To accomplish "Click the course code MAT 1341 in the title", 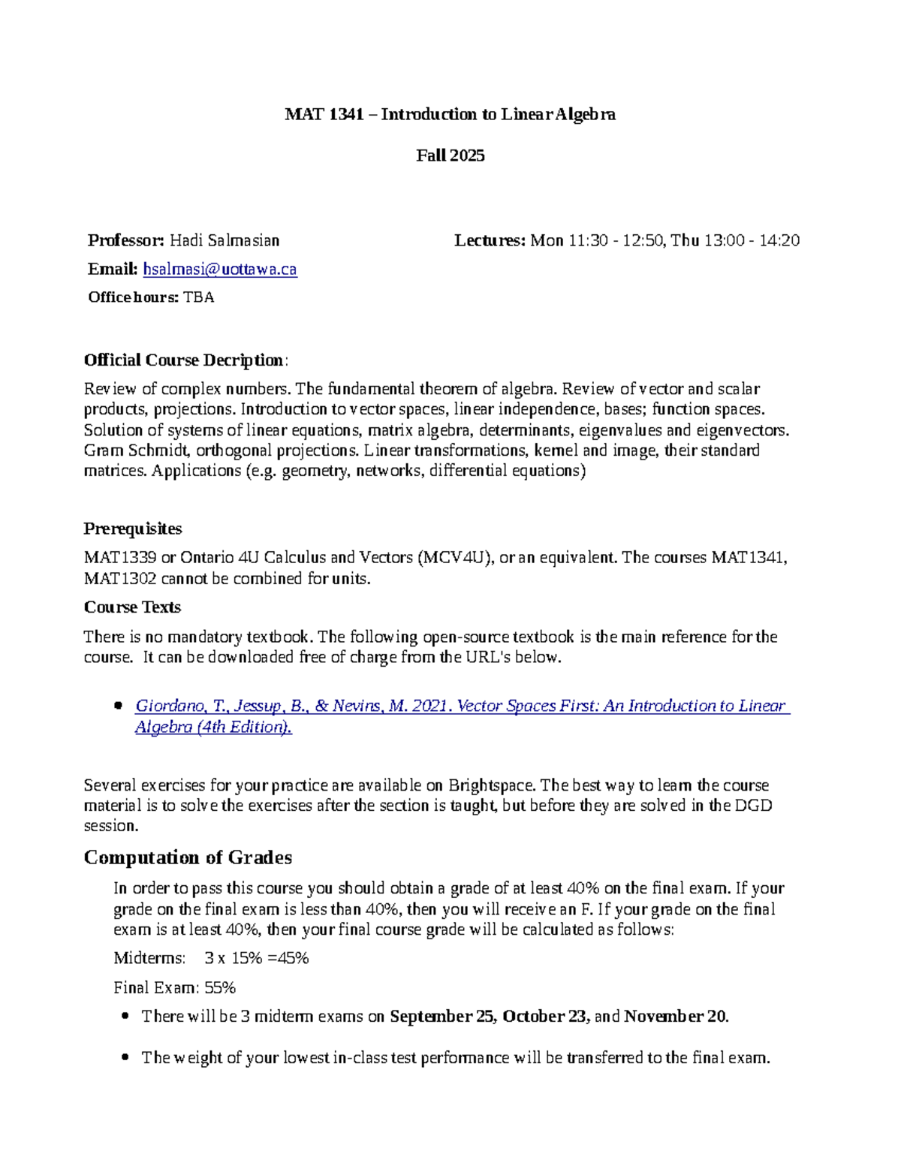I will click(x=324, y=114).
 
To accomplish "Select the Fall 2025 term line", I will click(x=450, y=155).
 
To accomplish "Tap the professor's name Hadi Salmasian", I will click(x=224, y=240).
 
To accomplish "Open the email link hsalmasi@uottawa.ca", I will click(x=220, y=269).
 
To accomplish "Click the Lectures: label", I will click(x=490, y=240).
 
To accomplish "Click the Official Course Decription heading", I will click(x=184, y=360).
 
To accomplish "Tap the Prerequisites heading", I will click(x=133, y=529).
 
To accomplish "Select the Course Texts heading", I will click(x=132, y=607).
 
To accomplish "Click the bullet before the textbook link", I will click(x=117, y=707).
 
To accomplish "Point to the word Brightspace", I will click(x=492, y=785).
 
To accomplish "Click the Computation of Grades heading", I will click(x=188, y=857).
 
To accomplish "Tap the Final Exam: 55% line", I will click(x=174, y=987).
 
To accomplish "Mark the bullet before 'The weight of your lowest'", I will click(x=125, y=1059).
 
